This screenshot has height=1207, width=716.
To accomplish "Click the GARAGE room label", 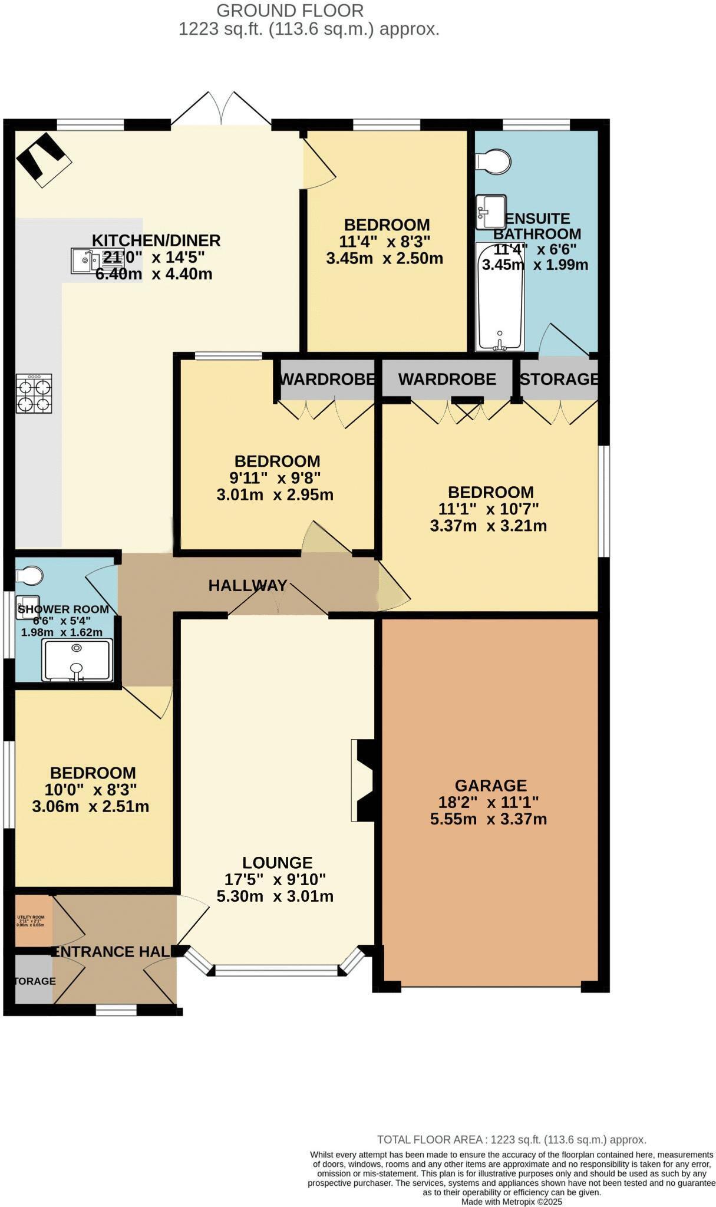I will [x=490, y=785].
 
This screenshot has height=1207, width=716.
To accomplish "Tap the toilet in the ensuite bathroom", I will [x=494, y=160].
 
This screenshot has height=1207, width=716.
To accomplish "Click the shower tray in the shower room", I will [x=77, y=660].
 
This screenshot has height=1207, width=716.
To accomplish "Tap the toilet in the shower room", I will [x=29, y=574].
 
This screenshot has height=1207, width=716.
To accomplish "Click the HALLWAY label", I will [x=248, y=585].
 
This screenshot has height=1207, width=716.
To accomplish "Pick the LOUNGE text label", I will [x=277, y=863].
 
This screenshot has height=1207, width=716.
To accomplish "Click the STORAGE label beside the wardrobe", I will [x=559, y=379].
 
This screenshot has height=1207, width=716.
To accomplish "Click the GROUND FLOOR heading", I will [x=290, y=10].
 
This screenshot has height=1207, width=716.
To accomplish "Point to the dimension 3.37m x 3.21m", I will [x=488, y=525].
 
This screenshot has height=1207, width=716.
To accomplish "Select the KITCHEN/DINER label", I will [x=156, y=240].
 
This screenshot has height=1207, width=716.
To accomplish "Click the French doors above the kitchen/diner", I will [x=222, y=109].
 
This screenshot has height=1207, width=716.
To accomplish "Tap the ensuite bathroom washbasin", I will [x=491, y=211].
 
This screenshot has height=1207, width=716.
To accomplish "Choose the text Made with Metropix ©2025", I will [x=512, y=1201].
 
